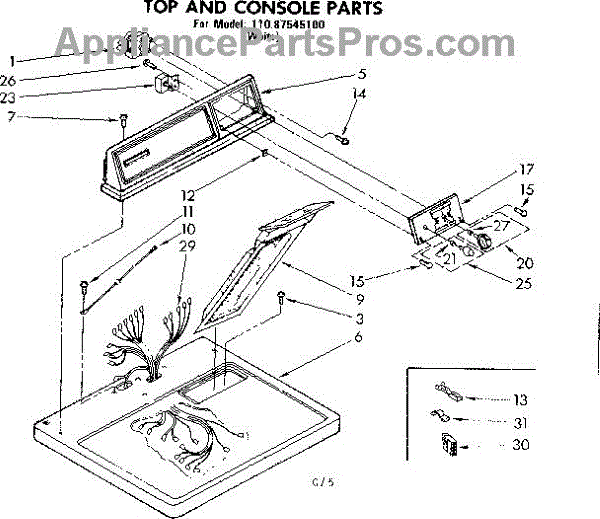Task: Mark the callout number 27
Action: [x=501, y=226]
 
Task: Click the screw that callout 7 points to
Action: [x=122, y=120]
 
